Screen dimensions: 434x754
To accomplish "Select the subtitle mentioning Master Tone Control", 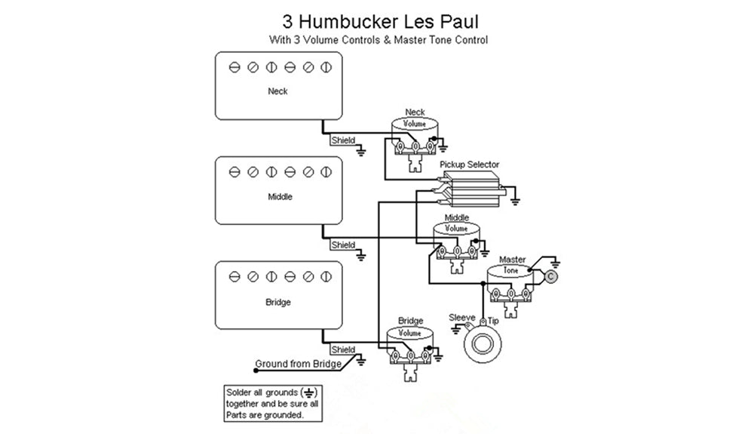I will point(378,39).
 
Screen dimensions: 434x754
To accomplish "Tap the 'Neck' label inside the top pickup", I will point(277,91).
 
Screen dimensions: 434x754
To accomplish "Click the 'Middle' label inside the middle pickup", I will point(280,197).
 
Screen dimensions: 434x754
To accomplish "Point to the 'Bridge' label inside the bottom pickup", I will point(278,303).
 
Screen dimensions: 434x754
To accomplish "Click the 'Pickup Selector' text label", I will point(469,165).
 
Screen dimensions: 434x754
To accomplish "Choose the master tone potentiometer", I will point(510,285).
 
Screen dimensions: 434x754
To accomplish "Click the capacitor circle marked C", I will point(550,278).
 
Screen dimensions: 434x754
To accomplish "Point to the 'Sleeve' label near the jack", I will point(461,317).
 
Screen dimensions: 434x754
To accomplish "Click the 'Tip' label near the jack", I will point(493,322).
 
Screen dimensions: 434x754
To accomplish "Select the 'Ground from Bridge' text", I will point(298,363).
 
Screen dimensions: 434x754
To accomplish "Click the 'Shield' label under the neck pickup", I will point(343,140).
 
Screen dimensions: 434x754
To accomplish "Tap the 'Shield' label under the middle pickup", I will point(343,245).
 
